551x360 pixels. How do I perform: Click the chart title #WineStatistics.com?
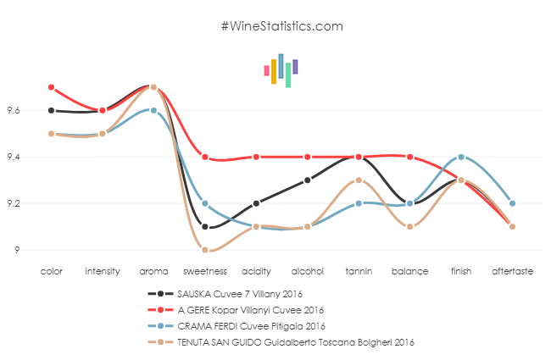[281, 26]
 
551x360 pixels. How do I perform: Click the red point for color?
[52, 87]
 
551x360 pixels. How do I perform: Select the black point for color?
[52, 110]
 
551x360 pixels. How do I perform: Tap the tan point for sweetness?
[205, 250]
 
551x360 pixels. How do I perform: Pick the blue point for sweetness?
[205, 203]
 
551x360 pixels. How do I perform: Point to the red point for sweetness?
[205, 157]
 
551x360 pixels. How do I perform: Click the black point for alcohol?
[308, 180]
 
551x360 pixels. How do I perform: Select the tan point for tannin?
[359, 180]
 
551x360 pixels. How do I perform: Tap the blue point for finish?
[461, 157]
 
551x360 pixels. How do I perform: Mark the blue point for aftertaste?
[512, 203]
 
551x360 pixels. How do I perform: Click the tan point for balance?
[410, 226]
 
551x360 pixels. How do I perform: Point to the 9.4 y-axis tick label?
[15, 157]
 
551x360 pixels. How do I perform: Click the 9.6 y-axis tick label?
[15, 110]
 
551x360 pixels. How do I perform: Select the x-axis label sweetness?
[205, 272]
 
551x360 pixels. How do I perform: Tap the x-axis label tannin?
[359, 272]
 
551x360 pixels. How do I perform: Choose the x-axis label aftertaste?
[512, 272]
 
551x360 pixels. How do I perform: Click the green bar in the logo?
[288, 75]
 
